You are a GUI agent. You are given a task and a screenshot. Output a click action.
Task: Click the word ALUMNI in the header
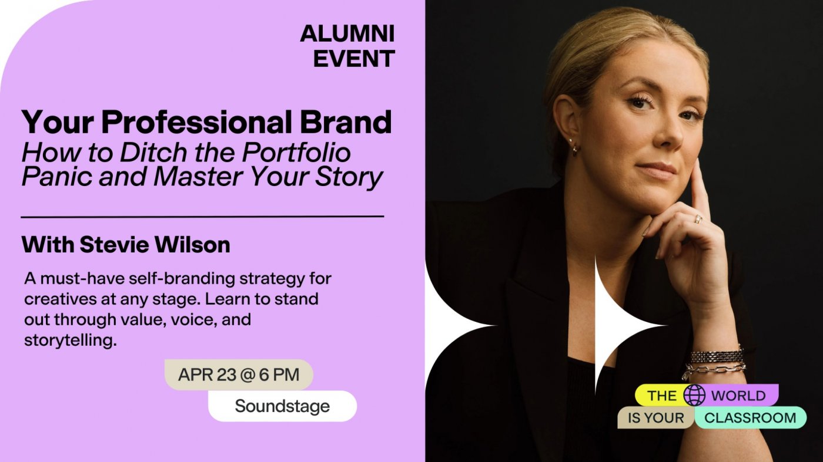tap(347, 34)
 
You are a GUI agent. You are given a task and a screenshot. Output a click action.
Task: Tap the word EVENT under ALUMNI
tap(354, 59)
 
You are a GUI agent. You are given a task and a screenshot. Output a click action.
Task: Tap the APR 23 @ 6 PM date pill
tap(238, 375)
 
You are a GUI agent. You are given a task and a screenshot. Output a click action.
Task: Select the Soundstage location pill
tap(282, 406)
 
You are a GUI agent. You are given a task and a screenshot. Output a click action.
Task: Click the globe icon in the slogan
tap(694, 395)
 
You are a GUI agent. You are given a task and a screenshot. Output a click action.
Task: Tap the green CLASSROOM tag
tap(750, 417)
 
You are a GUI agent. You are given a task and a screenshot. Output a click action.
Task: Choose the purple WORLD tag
tap(738, 395)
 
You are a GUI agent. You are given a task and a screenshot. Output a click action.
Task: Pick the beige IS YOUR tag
tap(655, 418)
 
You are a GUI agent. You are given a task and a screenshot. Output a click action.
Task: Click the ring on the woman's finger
tap(697, 219)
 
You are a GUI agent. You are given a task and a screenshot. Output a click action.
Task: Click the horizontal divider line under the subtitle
tap(202, 217)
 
